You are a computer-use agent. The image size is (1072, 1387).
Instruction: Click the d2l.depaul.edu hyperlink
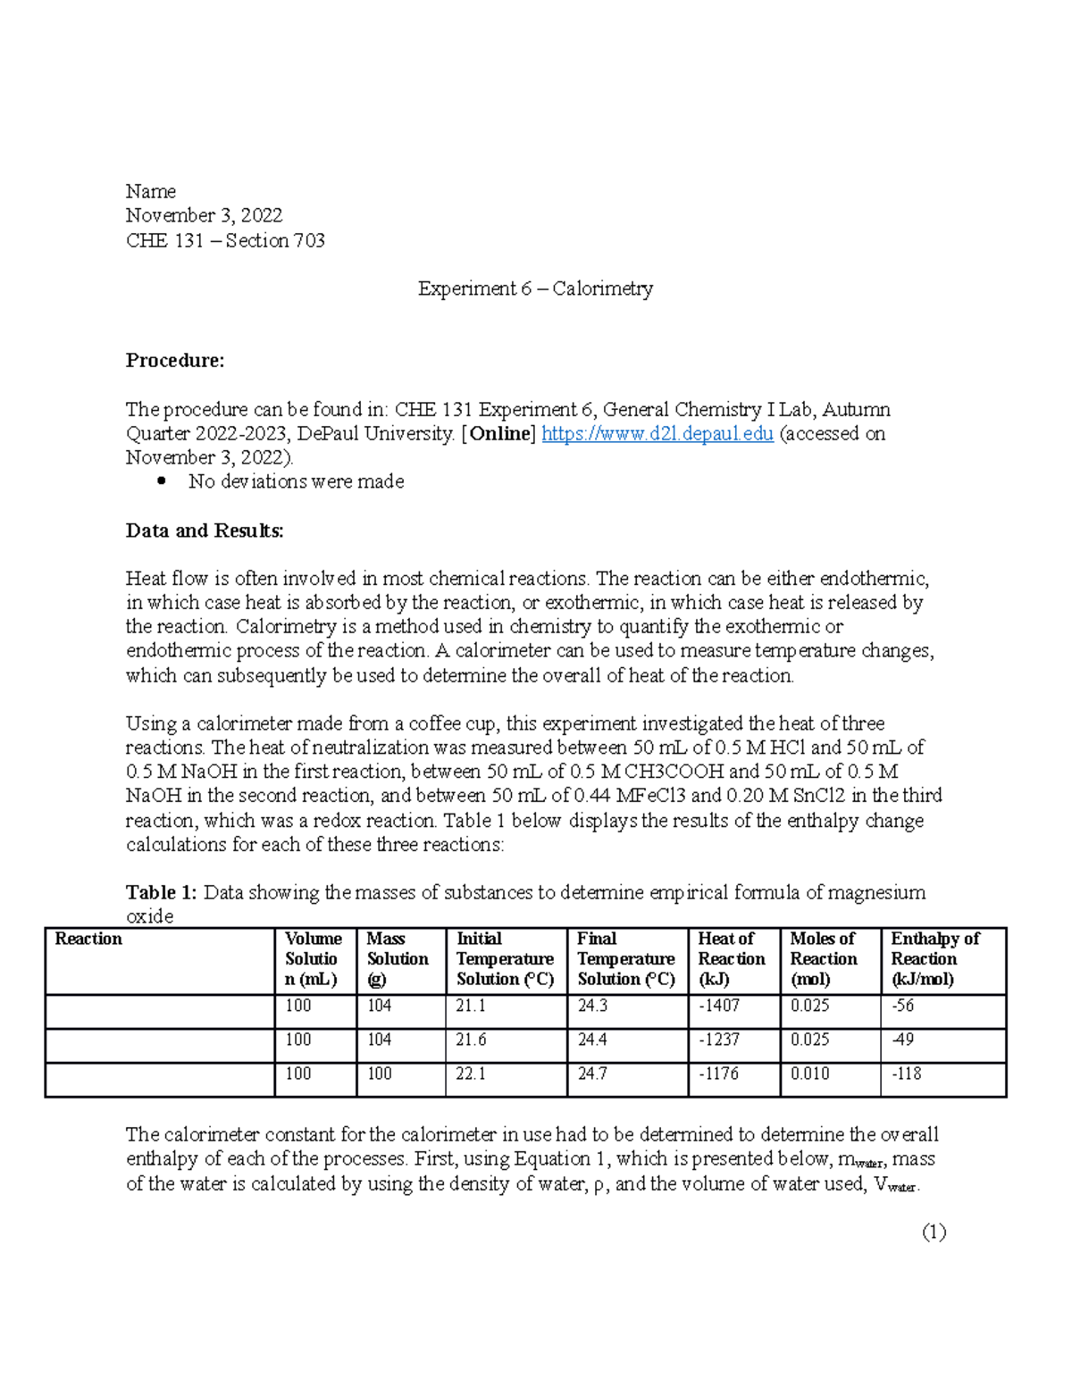pyautogui.click(x=657, y=434)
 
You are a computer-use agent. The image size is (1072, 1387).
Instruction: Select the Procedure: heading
pyautogui.click(x=175, y=361)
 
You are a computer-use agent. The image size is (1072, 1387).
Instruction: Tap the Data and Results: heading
pyautogui.click(x=205, y=531)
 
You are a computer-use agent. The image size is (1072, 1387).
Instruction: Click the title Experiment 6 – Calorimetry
pyautogui.click(x=535, y=288)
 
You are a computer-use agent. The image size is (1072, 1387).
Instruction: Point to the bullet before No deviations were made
pyautogui.click(x=162, y=481)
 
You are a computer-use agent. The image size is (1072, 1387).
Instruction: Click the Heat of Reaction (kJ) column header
pyautogui.click(x=731, y=959)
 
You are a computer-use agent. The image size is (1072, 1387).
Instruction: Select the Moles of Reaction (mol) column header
pyautogui.click(x=823, y=959)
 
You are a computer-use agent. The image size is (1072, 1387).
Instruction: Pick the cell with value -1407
pyautogui.click(x=718, y=1007)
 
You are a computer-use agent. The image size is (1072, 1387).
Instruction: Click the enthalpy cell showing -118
pyautogui.click(x=906, y=1074)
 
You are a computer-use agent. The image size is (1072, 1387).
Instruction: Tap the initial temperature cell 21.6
pyautogui.click(x=471, y=1040)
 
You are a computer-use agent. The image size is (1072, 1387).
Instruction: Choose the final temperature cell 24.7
pyautogui.click(x=592, y=1074)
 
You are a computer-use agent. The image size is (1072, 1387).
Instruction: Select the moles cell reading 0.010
pyautogui.click(x=809, y=1074)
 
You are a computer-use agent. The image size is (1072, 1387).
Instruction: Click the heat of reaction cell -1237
pyautogui.click(x=718, y=1040)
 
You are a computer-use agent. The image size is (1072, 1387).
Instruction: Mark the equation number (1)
pyautogui.click(x=934, y=1232)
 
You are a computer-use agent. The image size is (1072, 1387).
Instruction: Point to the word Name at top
pyautogui.click(x=150, y=192)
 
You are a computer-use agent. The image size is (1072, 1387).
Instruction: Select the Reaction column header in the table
pyautogui.click(x=88, y=940)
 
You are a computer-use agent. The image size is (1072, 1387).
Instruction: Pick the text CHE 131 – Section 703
pyautogui.click(x=225, y=241)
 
